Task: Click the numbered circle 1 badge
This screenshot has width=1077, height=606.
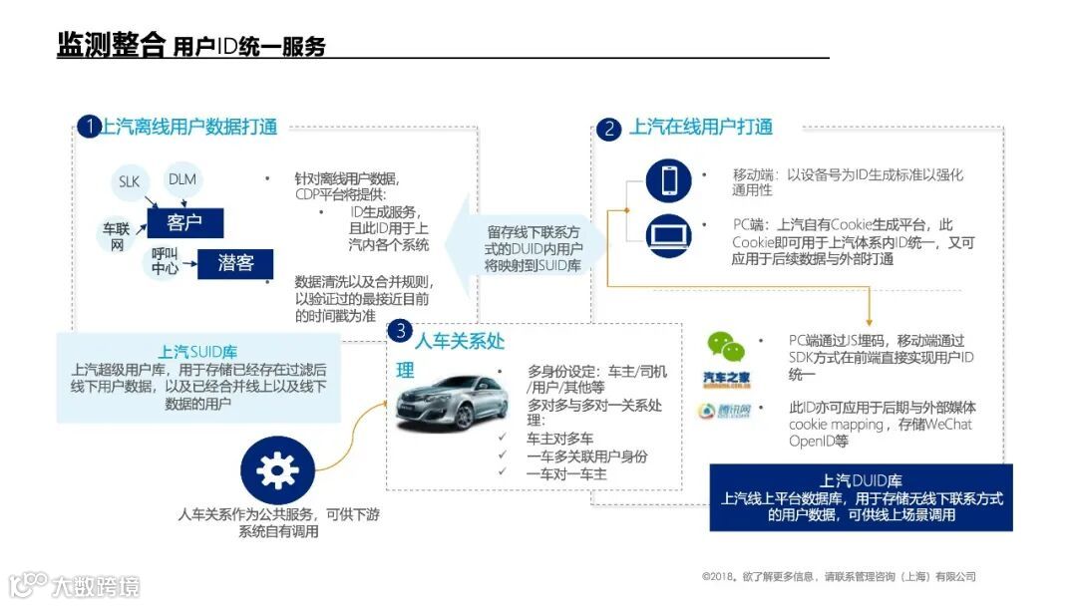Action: (x=89, y=127)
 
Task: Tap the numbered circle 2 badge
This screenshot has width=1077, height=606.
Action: (x=608, y=129)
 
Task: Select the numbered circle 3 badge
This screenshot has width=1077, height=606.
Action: (x=399, y=331)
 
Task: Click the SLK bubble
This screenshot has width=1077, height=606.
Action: (x=130, y=181)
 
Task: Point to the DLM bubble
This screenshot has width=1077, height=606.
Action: (x=182, y=179)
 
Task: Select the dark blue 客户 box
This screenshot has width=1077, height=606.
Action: (x=184, y=222)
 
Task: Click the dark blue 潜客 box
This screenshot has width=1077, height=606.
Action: (x=235, y=263)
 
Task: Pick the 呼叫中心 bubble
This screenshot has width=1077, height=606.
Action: (x=166, y=261)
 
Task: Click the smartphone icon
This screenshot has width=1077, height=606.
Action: (x=668, y=180)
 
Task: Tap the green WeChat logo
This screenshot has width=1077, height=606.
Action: (x=726, y=346)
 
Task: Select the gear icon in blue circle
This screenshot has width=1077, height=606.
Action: (x=277, y=470)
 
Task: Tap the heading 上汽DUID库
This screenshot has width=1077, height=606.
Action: (x=861, y=480)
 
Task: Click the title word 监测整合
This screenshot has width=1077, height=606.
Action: (x=110, y=46)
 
